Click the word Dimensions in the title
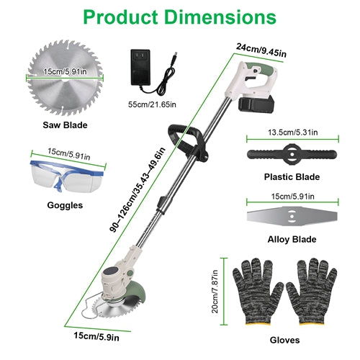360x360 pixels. point(221,17)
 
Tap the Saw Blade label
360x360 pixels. point(65,125)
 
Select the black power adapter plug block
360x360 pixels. point(140,67)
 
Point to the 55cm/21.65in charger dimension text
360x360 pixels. point(152,104)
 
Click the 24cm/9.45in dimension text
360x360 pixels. point(261,50)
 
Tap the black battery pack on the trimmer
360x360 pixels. point(256,104)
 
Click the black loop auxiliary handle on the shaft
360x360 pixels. point(187,142)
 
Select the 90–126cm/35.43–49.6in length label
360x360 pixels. point(138,189)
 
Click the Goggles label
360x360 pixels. point(65,205)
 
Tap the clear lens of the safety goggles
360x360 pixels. point(45,176)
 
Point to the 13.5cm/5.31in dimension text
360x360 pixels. point(293,132)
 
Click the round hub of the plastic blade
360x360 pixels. point(292,155)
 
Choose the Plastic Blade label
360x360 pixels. point(292,177)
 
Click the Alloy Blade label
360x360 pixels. point(292,239)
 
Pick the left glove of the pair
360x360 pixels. point(258,292)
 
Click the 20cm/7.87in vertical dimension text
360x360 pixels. point(215,292)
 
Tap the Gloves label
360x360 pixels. point(284,340)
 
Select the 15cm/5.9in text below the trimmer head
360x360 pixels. point(96,336)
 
